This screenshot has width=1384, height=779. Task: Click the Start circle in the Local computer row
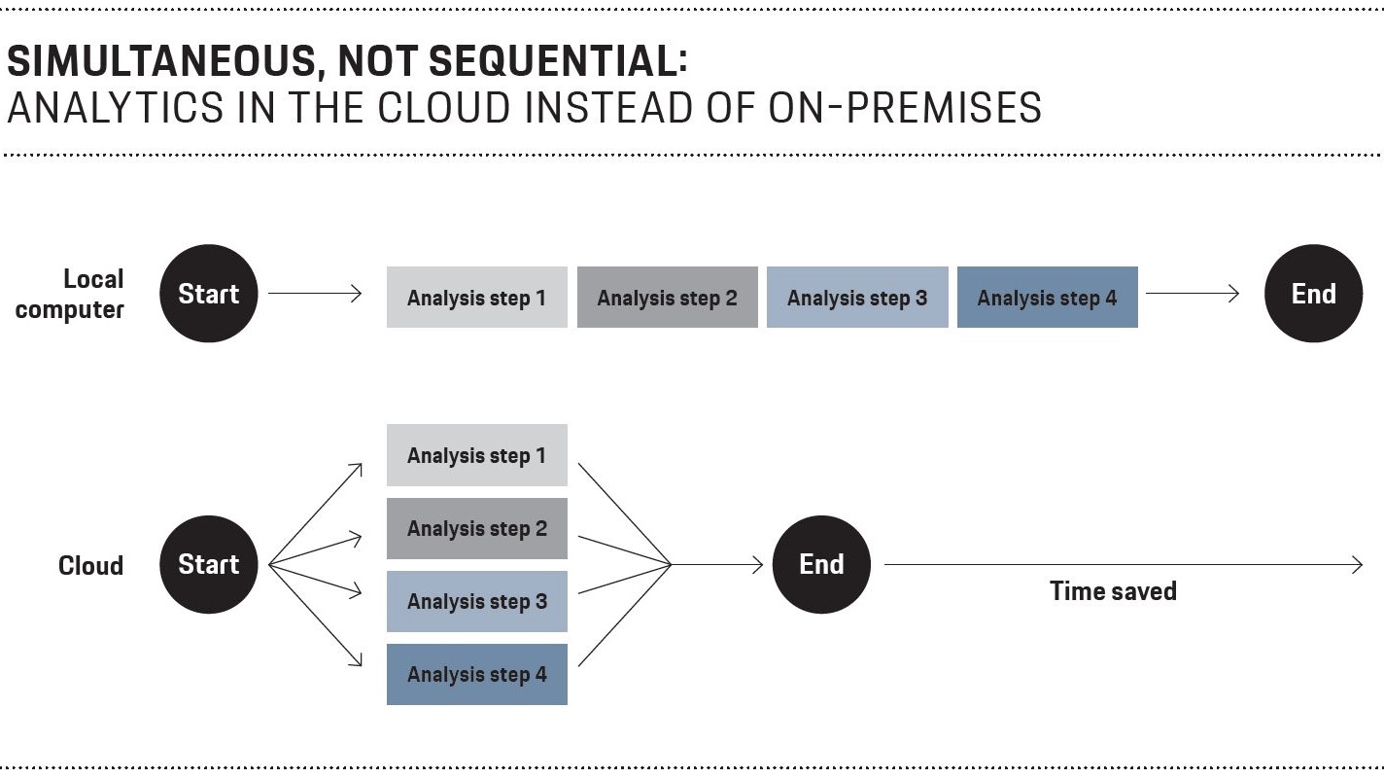208,293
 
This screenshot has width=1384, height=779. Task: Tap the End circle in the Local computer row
1314,293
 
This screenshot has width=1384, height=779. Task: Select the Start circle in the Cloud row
208,564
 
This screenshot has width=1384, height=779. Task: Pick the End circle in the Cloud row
821,564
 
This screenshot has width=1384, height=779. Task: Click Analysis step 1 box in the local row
477,297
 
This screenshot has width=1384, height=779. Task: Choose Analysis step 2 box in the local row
668,297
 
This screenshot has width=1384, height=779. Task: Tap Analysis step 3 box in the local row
857,297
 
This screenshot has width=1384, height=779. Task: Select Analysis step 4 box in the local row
1048,297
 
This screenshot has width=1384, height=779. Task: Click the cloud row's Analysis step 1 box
477,455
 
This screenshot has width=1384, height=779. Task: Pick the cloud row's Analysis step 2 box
477,529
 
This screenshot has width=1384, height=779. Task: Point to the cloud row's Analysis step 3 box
477,602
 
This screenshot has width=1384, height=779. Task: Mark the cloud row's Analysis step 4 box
477,675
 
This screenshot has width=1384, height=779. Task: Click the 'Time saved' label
1113,591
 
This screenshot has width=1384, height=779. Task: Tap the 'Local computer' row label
69,295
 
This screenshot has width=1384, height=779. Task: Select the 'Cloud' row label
90,566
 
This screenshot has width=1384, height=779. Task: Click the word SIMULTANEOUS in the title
162,62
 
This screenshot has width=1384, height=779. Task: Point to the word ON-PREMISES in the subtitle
905,108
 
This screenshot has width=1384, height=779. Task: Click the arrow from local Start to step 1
315,293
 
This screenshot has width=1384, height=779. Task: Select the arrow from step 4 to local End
1193,293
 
